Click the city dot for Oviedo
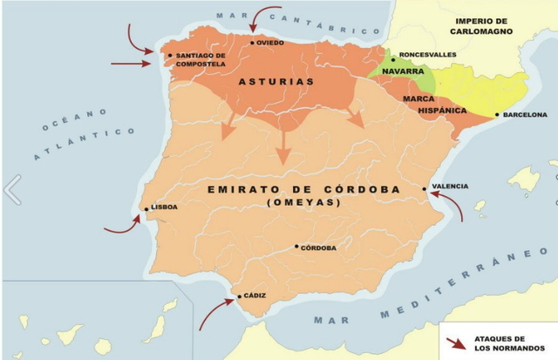coord(252,43)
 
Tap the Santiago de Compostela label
coord(201,59)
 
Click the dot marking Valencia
coord(425,188)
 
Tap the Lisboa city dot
coord(145,208)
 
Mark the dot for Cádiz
coord(240,297)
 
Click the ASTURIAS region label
coord(276,82)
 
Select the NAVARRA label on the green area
coord(403,71)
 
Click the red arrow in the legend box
coord(455,343)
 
